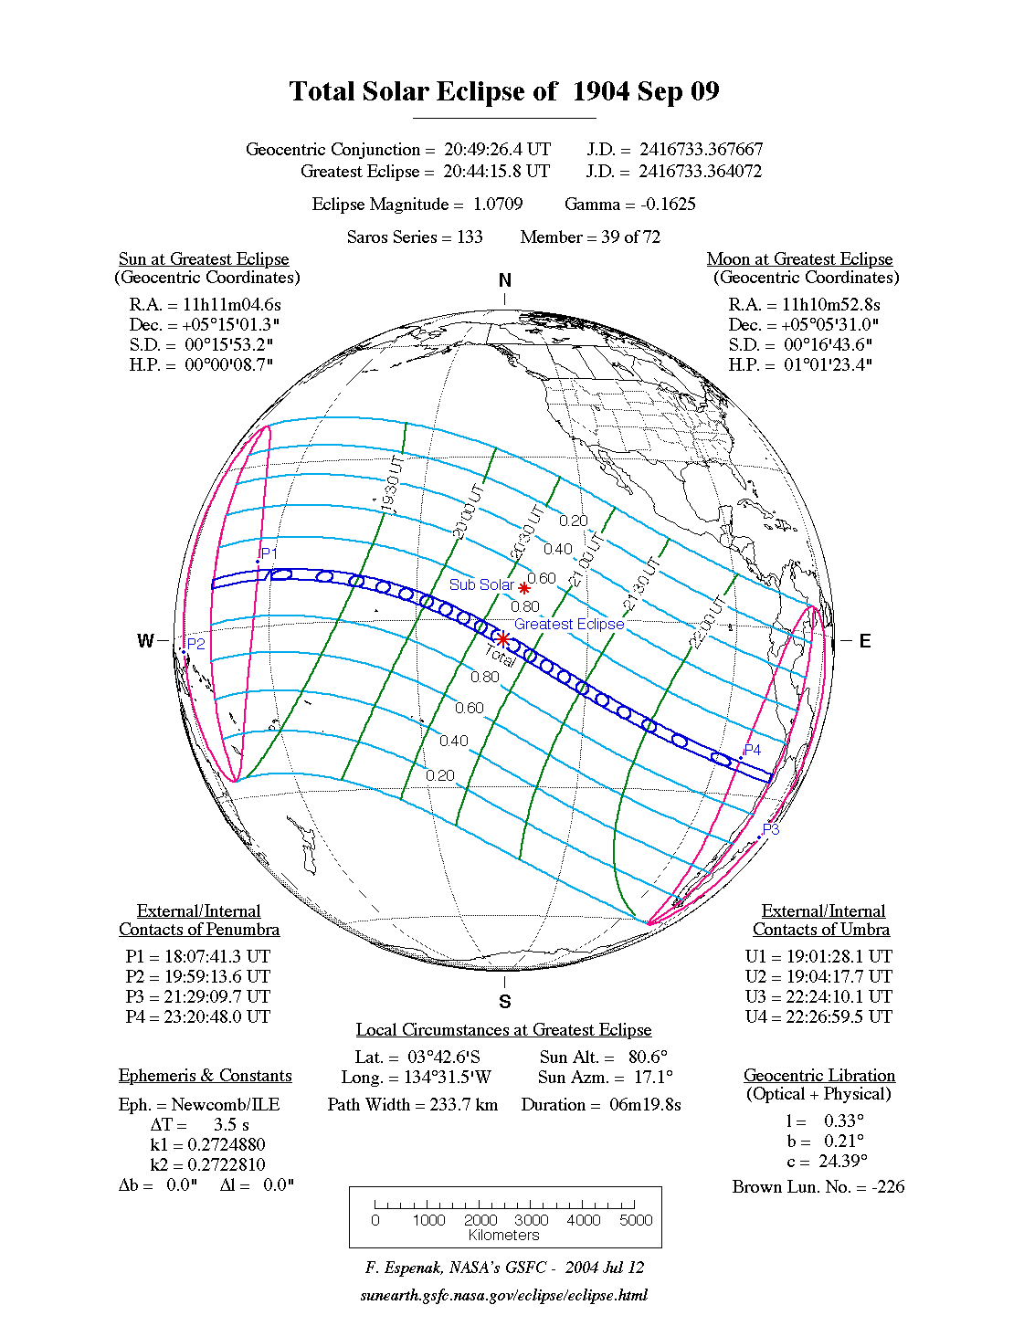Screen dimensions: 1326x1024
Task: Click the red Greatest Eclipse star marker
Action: click(502, 639)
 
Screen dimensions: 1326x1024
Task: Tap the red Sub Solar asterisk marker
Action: click(524, 588)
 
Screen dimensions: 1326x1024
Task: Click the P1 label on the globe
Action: click(269, 553)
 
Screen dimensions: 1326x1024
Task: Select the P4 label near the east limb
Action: click(752, 750)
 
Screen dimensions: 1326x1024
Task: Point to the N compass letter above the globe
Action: click(505, 280)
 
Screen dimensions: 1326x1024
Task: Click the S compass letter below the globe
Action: click(505, 1002)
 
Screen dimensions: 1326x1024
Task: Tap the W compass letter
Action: click(145, 640)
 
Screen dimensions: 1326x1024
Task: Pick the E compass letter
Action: click(864, 640)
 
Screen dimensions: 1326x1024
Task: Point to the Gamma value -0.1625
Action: click(668, 204)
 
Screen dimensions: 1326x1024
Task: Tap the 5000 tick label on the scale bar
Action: click(636, 1220)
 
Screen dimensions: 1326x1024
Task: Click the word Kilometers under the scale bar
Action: click(504, 1236)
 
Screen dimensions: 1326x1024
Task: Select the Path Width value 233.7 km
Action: click(464, 1104)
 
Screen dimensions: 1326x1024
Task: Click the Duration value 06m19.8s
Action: click(646, 1104)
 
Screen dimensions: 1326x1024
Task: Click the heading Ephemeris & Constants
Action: click(205, 1075)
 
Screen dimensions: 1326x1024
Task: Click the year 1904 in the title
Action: click(602, 91)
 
